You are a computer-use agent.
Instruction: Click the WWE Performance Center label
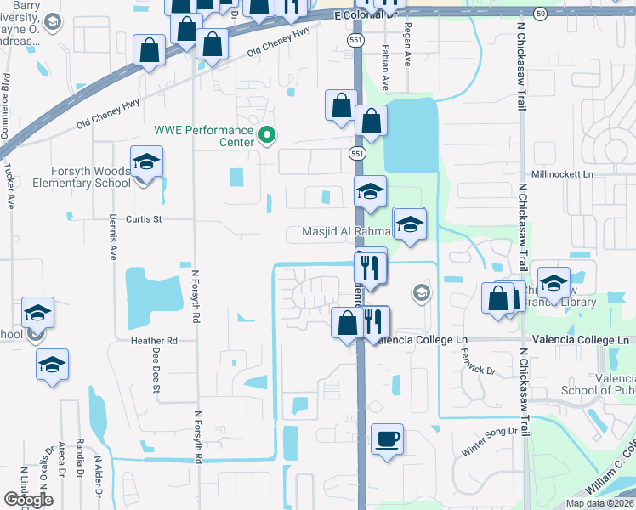pos(203,136)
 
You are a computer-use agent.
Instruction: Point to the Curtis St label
pos(144,219)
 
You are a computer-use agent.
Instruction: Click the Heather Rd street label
pos(153,341)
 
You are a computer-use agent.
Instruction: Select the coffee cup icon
pos(387,439)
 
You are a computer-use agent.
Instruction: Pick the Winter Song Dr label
pos(489,432)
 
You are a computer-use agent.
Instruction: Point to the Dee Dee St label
pos(156,374)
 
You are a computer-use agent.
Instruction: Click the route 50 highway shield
pos(541,14)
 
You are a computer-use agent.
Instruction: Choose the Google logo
pos(28,500)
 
